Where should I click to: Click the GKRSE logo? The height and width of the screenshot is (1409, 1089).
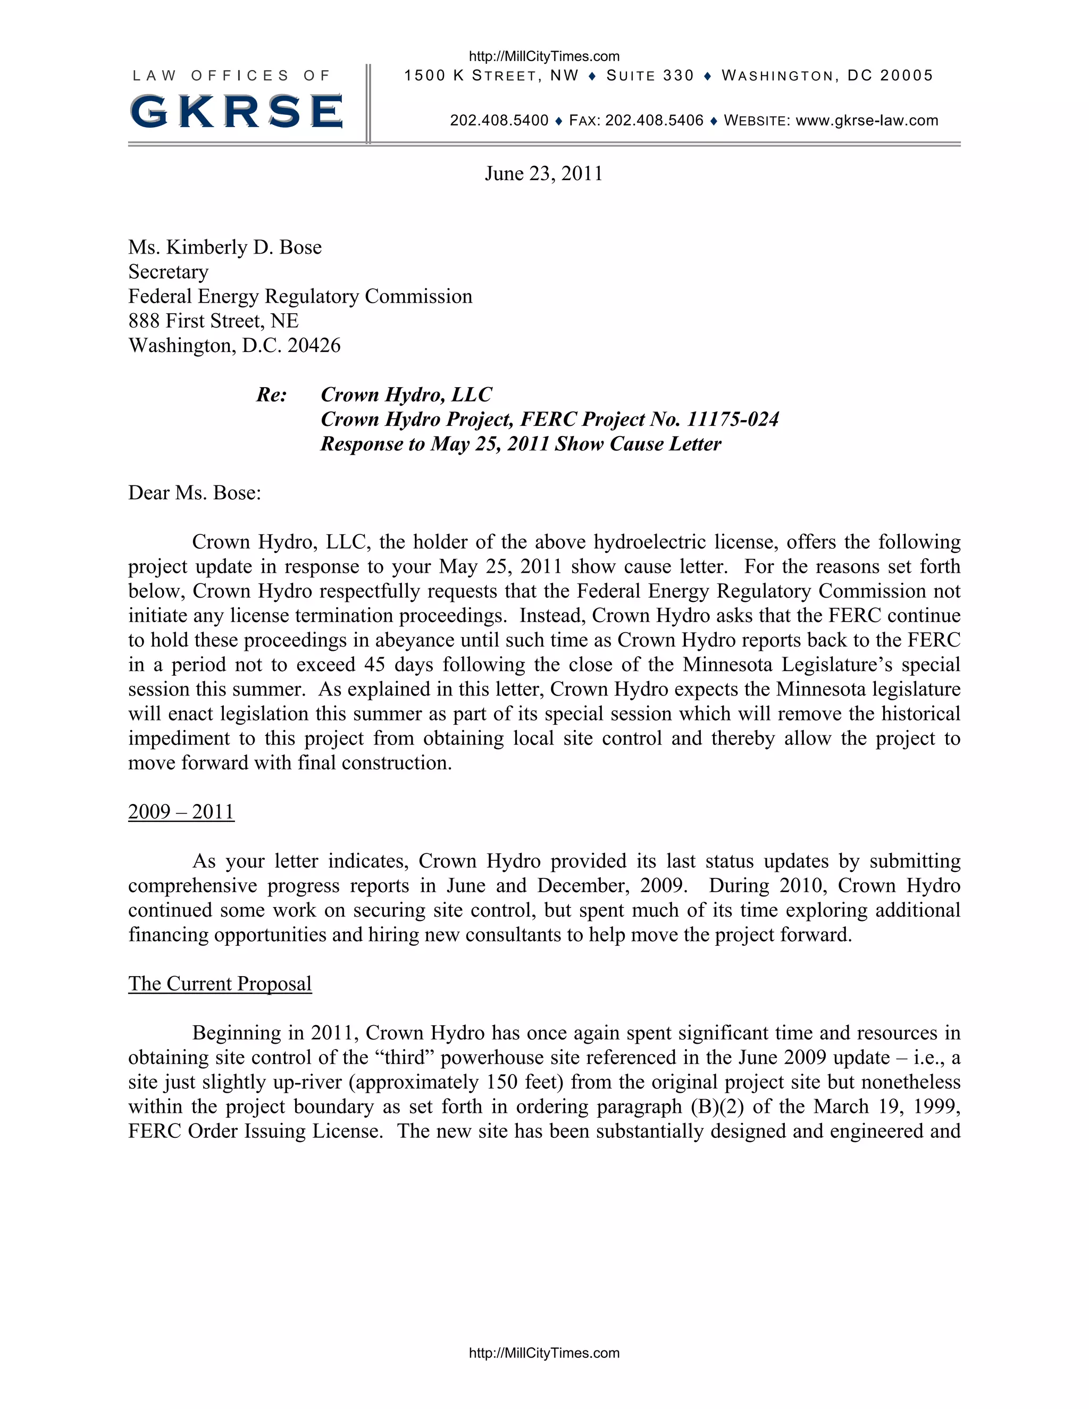coord(236,111)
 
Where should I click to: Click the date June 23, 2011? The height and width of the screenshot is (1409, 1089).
coord(543,173)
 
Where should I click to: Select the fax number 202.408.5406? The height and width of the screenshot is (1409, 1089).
coord(654,121)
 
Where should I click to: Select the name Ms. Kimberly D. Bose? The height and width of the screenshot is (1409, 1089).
coord(224,247)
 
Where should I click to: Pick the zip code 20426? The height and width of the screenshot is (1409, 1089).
coord(314,345)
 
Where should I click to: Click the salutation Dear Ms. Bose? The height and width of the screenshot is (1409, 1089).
coord(194,493)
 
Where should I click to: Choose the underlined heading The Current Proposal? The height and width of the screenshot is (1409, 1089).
coord(220,984)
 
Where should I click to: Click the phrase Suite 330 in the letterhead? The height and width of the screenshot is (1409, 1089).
coord(650,76)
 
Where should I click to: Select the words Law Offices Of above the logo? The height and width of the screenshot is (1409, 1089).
coord(231,76)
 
